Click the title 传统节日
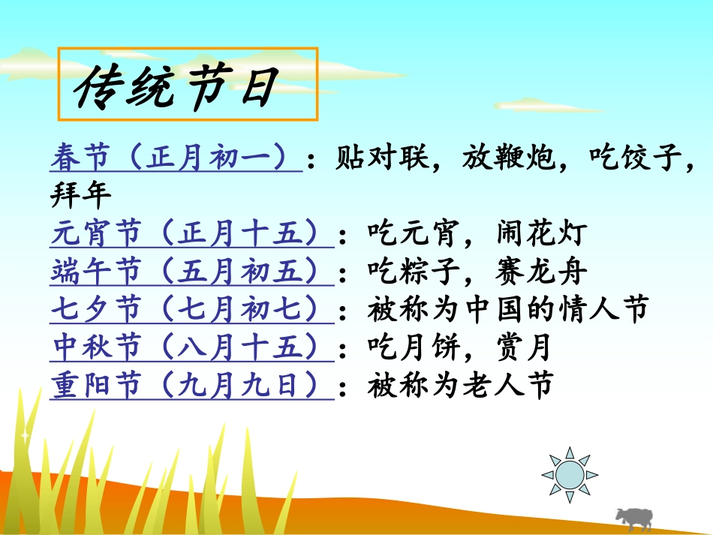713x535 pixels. pyautogui.click(x=177, y=86)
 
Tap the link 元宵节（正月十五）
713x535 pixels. pyautogui.click(x=191, y=235)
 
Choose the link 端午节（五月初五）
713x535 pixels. pyautogui.click(x=191, y=272)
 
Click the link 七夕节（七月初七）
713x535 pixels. pyautogui.click(x=191, y=310)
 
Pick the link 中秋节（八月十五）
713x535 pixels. pyautogui.click(x=191, y=347)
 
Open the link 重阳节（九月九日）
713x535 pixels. pyautogui.click(x=191, y=386)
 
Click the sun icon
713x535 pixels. pyautogui.click(x=570, y=473)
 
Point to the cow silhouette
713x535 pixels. pyautogui.click(x=633, y=518)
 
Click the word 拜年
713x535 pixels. pyautogui.click(x=80, y=197)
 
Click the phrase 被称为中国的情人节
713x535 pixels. pyautogui.click(x=507, y=310)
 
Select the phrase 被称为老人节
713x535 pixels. pyautogui.click(x=460, y=386)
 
